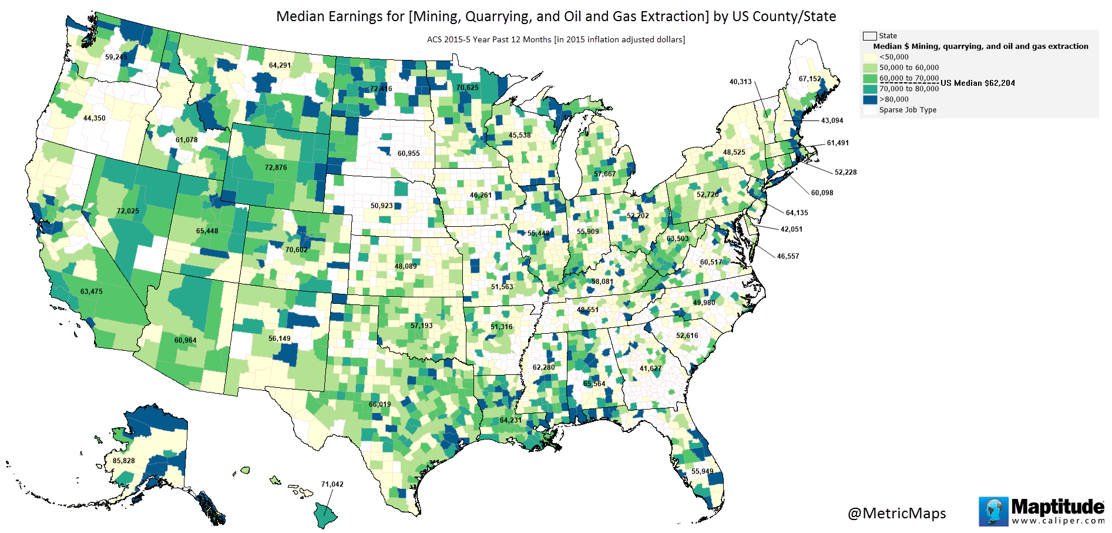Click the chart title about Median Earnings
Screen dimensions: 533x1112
click(x=556, y=16)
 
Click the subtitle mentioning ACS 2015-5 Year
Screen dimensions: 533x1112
click(x=556, y=40)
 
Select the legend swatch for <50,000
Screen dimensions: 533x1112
click(x=870, y=57)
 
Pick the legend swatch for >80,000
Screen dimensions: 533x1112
click(x=870, y=99)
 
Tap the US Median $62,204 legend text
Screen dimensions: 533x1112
click(x=977, y=83)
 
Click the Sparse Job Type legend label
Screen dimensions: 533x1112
click(x=908, y=110)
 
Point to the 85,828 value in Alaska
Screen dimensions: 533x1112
click(x=124, y=461)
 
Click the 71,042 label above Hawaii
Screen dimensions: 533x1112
click(x=332, y=484)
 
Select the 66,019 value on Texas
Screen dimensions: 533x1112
click(x=379, y=404)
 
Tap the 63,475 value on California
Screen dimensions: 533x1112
click(x=92, y=291)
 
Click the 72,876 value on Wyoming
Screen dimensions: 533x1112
click(x=276, y=167)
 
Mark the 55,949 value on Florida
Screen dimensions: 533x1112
click(x=702, y=471)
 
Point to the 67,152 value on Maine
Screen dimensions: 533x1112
click(x=809, y=79)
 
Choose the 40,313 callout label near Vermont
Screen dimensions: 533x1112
click(x=740, y=82)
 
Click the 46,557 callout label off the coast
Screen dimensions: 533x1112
click(x=788, y=256)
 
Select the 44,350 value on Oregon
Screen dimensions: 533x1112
click(x=94, y=118)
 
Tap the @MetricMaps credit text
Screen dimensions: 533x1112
click(x=896, y=513)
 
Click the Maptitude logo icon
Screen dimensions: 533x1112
click(x=993, y=511)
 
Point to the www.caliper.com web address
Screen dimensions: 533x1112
click(x=1057, y=521)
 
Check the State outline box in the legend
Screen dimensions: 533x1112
click(x=869, y=36)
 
